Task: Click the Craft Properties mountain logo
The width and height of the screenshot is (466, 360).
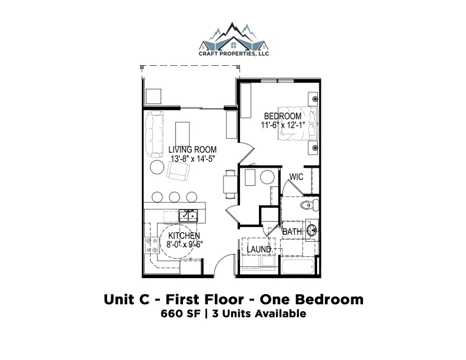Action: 234,39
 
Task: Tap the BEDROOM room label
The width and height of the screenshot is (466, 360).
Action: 282,116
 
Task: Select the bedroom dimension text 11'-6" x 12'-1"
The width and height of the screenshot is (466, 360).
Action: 283,125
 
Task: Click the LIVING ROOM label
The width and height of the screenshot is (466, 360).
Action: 192,149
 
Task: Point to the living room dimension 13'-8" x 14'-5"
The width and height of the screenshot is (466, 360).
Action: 193,159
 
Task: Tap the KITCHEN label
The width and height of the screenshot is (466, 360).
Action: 184,235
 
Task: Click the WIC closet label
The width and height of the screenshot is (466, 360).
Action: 296,177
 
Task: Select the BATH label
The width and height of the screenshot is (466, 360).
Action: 292,232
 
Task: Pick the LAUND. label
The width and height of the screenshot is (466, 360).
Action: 259,249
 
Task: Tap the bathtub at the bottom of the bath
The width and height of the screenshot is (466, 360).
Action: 298,267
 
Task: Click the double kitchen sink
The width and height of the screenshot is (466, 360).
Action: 188,216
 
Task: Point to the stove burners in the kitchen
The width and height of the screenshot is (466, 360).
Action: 152,245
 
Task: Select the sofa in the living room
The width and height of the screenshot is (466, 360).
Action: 154,134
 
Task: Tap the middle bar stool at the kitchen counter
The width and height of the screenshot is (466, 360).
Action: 174,197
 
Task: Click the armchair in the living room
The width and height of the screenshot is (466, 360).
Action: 178,171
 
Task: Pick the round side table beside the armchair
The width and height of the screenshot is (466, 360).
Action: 157,167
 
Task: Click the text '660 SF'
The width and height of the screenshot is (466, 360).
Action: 181,314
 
